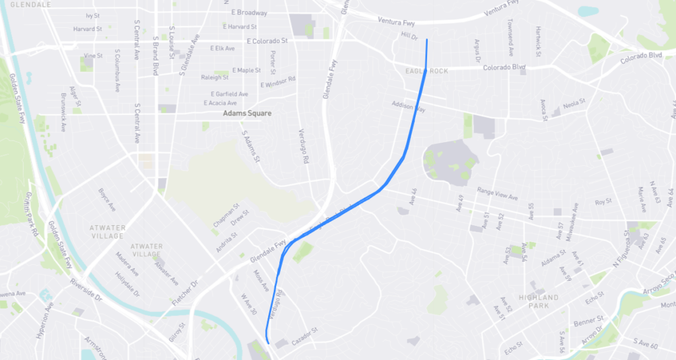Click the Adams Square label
coord(247,114)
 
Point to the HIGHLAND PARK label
coord(538,301)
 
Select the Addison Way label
coord(408,106)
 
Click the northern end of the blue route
coord(427,40)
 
